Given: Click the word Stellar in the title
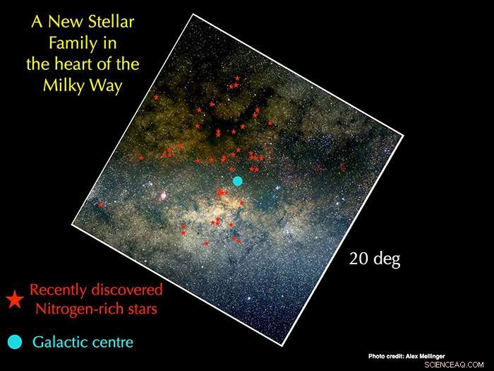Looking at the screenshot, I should pos(106,22).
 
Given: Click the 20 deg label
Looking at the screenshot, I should pos(375,259).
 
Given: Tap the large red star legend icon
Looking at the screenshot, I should pos(14,300).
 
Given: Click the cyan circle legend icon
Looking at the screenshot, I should pos(14,343).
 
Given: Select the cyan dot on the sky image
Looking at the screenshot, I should pos(238,181).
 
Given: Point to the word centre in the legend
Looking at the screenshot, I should pos(112,343).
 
